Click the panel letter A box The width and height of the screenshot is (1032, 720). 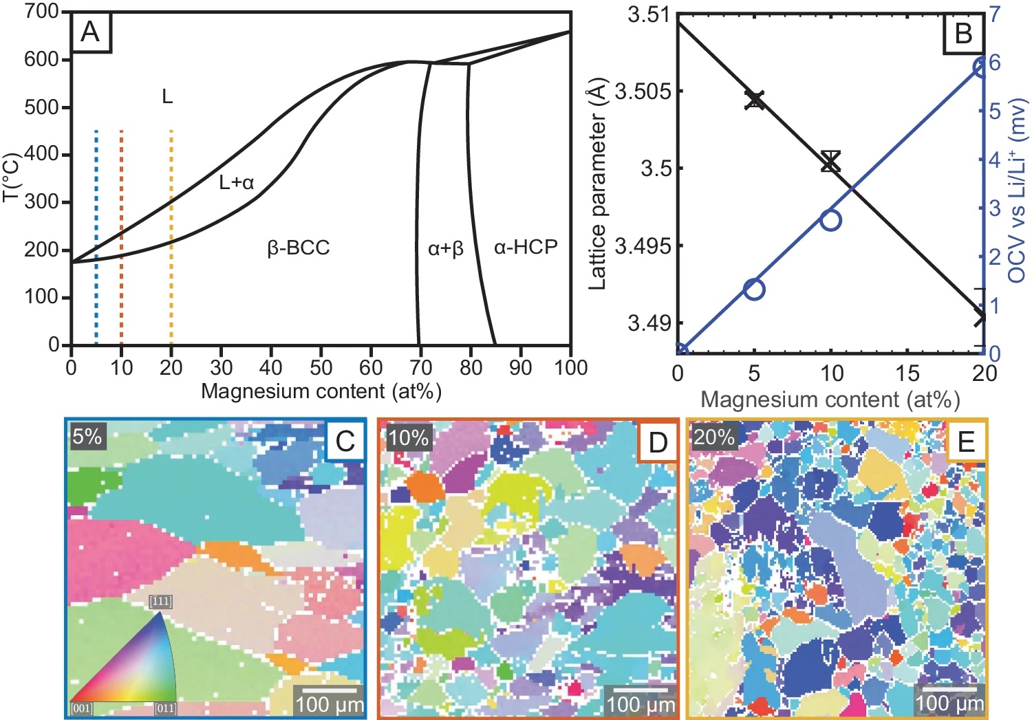point(91,32)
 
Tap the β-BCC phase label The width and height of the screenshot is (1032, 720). point(299,248)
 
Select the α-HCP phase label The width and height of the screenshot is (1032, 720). point(526,247)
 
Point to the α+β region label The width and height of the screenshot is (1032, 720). point(445,249)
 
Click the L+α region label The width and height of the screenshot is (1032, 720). point(236,182)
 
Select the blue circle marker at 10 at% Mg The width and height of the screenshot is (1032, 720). point(831,220)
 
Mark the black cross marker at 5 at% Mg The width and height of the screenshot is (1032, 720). point(755,100)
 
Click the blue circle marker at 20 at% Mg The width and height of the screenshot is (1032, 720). point(982,67)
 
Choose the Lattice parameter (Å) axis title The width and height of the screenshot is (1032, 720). point(598,185)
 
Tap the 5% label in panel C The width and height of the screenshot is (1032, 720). point(87,436)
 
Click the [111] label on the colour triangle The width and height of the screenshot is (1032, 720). point(160,602)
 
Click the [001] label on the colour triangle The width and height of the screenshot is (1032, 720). point(82,708)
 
